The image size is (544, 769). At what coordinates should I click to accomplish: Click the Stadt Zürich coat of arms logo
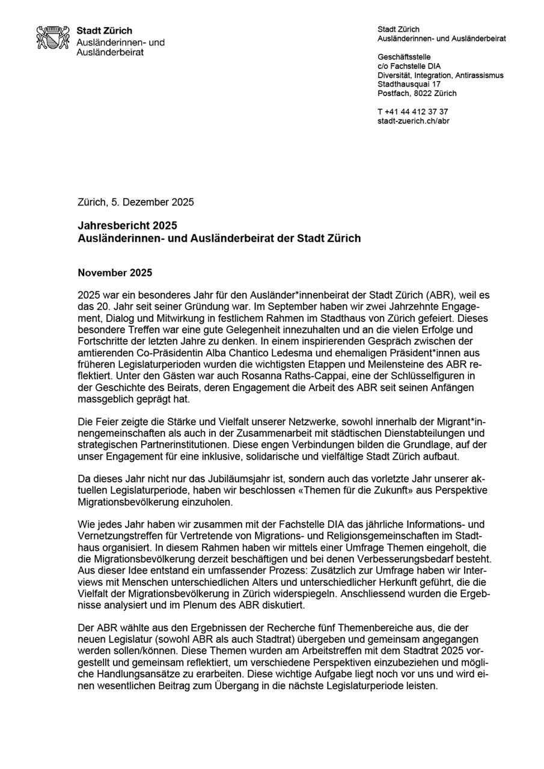53,37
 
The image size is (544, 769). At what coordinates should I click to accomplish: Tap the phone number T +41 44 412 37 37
412,112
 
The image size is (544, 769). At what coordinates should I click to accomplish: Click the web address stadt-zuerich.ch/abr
413,121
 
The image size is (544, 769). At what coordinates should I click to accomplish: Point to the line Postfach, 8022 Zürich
417,93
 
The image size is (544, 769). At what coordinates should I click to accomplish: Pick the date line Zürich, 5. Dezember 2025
136,202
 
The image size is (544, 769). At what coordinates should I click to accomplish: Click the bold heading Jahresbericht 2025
127,226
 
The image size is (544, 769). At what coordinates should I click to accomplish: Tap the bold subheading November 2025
115,273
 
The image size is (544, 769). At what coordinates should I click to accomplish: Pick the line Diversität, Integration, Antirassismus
440,75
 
